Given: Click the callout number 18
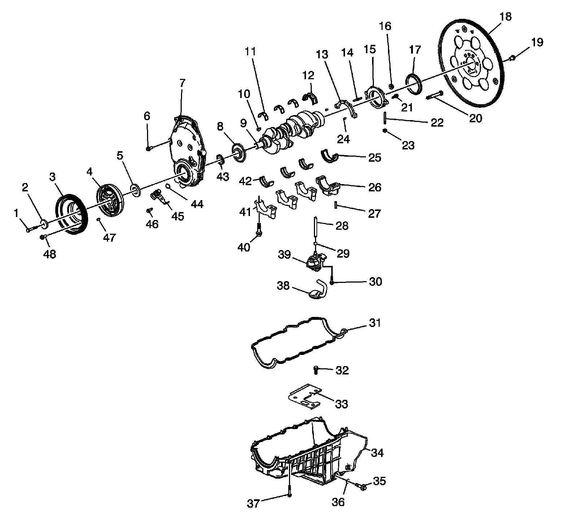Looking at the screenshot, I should click(506, 17).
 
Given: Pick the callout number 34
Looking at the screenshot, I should click(377, 453).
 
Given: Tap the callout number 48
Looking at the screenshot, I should click(49, 254).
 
